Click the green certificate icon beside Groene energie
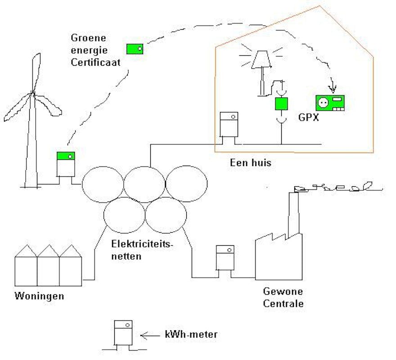coord(135,49)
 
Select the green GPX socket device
coord(330,103)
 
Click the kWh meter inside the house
coord(229,125)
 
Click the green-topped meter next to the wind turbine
coord(66,165)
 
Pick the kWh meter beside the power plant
coord(225,258)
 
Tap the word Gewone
coord(283,291)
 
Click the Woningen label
coord(39,296)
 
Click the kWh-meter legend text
coord(191,334)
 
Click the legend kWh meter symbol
coord(123,333)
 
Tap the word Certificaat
coord(95,63)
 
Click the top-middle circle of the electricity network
coord(144,184)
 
